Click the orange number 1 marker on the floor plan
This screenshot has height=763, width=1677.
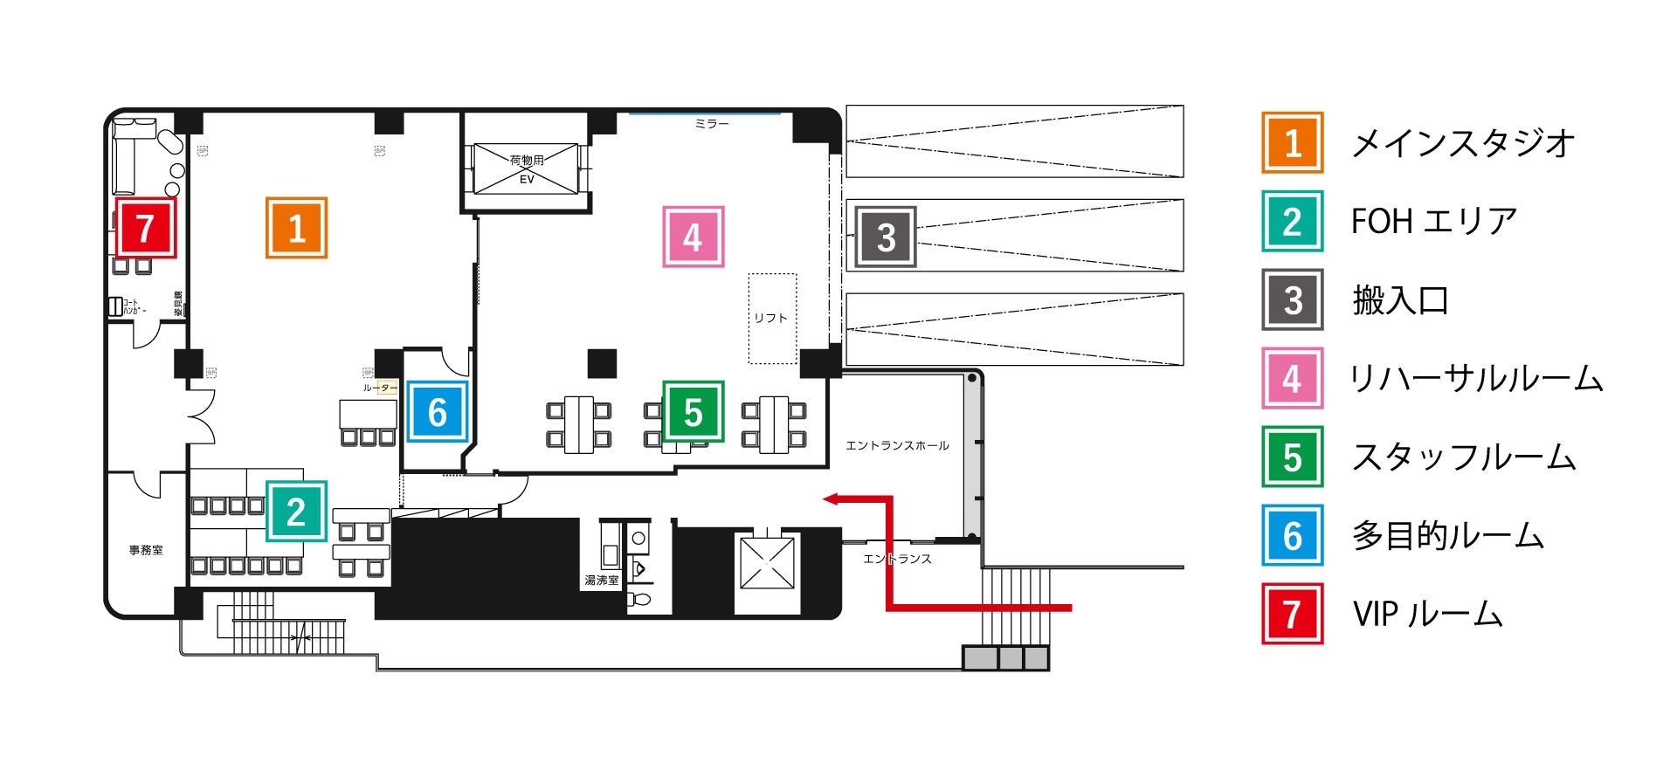296,228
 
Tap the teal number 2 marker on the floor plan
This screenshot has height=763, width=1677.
296,512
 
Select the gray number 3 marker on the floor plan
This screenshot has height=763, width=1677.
886,237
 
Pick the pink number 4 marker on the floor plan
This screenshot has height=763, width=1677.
693,237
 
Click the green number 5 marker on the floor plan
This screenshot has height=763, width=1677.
693,412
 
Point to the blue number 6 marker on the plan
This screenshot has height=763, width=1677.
437,412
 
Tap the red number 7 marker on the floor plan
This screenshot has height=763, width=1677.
146,228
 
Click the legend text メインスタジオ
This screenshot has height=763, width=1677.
1463,143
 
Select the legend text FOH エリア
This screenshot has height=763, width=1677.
1433,222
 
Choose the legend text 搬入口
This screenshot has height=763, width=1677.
1400,300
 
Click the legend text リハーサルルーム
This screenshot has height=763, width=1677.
1476,379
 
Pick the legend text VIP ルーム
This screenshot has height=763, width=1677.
1427,615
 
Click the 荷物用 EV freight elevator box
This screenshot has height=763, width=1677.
527,168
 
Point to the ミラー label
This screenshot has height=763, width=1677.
711,124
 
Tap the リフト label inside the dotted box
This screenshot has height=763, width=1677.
771,318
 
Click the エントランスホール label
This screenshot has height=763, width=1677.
897,445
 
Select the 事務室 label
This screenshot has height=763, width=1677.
146,550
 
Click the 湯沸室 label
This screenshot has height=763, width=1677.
602,580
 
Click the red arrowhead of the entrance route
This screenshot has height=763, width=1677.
831,499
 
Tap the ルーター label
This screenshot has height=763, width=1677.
380,388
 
